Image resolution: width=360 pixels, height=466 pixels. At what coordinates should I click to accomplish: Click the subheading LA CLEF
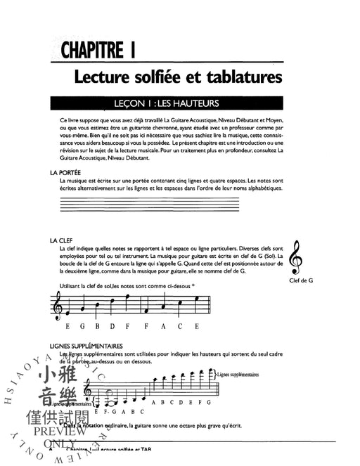tap(61, 240)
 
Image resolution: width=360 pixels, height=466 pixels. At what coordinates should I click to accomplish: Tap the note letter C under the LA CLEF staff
tap(179, 326)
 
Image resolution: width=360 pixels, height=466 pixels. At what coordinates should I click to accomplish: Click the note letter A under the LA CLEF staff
tap(162, 326)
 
